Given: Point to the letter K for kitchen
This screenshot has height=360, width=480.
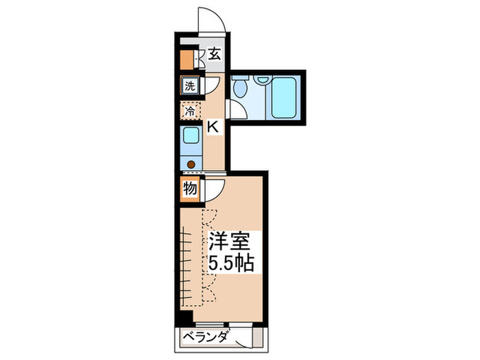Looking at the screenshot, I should coord(213,126).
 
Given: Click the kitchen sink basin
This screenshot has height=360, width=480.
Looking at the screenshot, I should coord(190,135).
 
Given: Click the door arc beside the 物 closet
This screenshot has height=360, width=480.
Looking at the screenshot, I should coord(210,187).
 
